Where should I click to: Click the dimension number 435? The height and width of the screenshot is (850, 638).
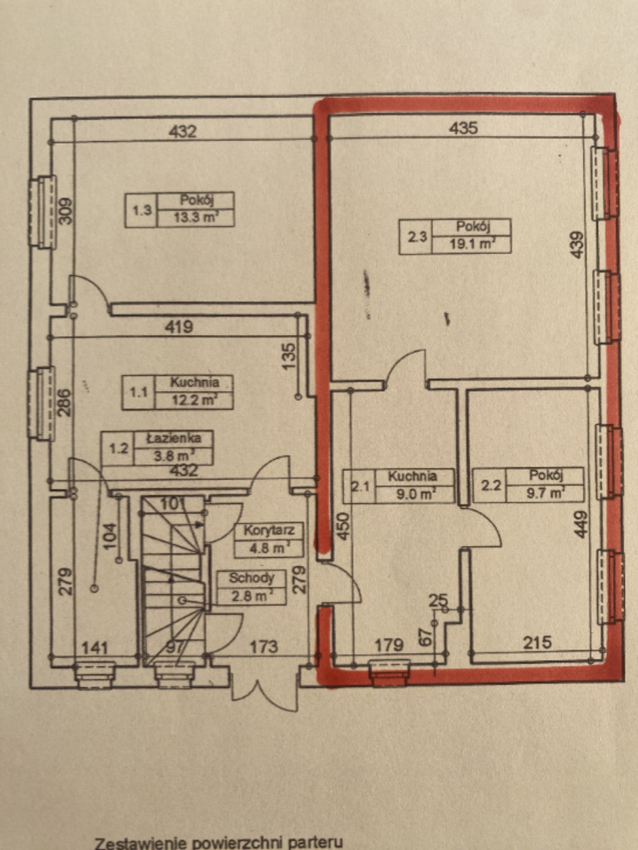(464, 128)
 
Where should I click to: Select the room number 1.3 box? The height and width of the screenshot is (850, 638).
(141, 210)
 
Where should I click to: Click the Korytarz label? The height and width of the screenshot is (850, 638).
(268, 530)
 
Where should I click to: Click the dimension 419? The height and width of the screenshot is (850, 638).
(179, 327)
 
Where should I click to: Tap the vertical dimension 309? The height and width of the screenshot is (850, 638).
(65, 210)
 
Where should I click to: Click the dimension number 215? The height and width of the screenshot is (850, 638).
(537, 642)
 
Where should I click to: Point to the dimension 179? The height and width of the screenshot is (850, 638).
(389, 644)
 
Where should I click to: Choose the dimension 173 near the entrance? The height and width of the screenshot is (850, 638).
(263, 646)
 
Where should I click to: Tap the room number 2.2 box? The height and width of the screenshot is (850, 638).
(489, 485)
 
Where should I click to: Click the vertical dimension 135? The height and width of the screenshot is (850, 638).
(289, 356)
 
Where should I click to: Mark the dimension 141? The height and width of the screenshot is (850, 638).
(95, 647)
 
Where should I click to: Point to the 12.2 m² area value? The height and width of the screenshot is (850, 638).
(194, 401)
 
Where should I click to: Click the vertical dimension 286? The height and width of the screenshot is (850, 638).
(65, 403)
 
